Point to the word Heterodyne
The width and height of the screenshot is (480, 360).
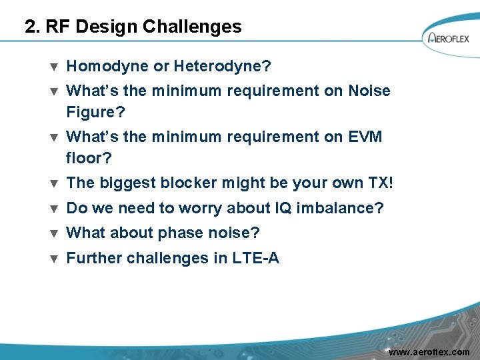(221, 66)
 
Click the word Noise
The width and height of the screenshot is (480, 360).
(369, 91)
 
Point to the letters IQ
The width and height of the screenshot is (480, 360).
(283, 208)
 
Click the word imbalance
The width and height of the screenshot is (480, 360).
(340, 208)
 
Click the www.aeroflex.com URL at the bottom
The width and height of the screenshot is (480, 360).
(429, 351)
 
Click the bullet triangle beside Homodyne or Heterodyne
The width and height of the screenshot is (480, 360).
(54, 67)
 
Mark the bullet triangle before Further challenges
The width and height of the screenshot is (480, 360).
(54, 259)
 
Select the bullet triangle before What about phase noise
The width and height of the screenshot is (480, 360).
(54, 233)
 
